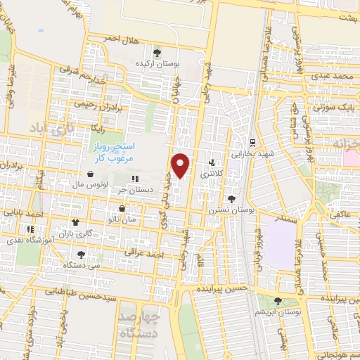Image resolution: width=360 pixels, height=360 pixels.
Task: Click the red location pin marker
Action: (x=181, y=165)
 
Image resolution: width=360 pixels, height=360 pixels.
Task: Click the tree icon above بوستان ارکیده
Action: (x=156, y=52)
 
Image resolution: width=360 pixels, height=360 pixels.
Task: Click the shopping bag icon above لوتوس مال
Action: (x=91, y=174)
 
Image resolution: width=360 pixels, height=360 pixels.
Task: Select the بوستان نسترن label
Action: (x=226, y=210)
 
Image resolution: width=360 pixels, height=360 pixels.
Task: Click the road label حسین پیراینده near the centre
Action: (x=221, y=289)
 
